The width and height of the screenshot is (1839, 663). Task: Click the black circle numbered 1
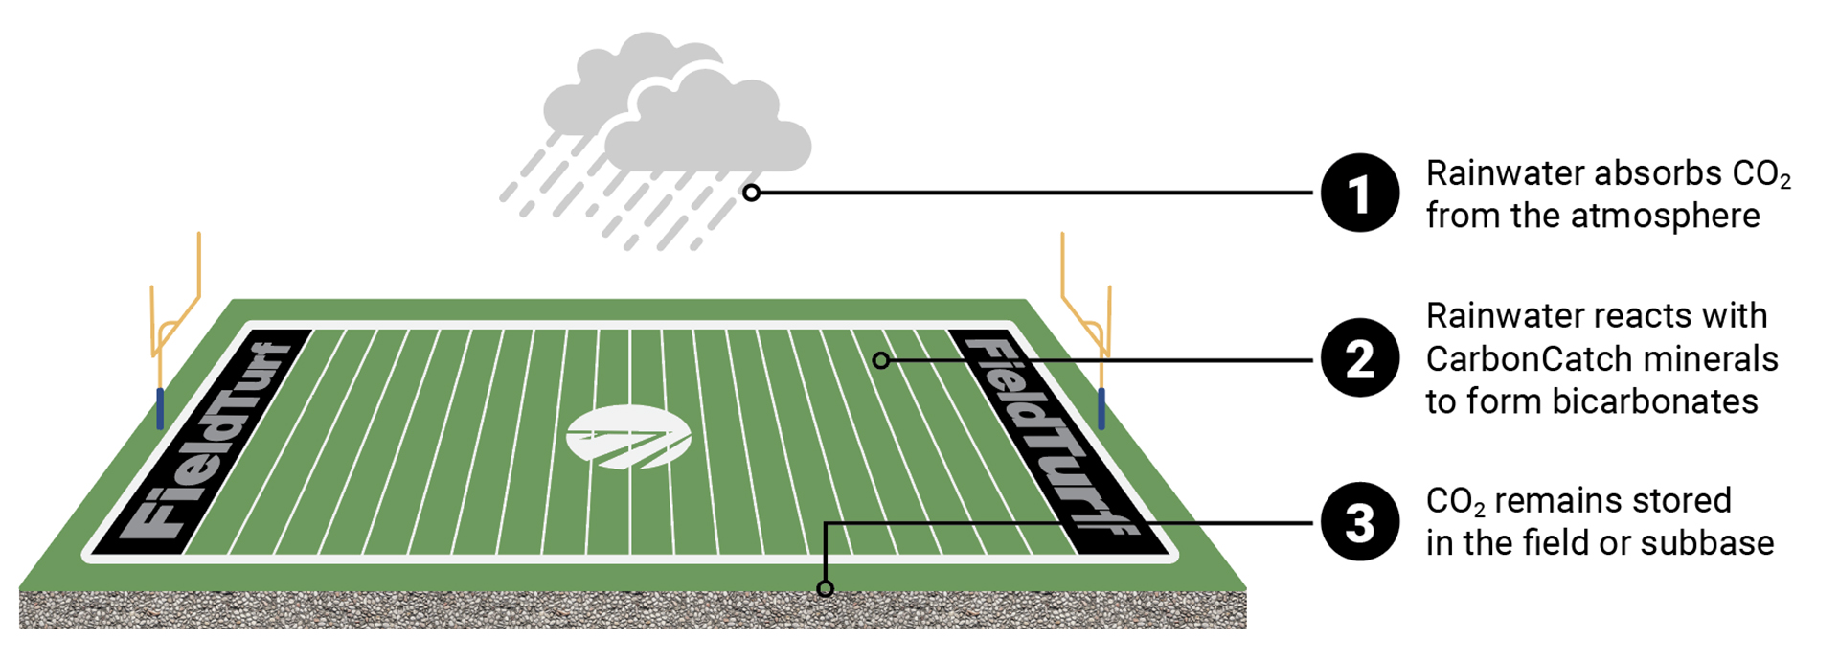point(1360,193)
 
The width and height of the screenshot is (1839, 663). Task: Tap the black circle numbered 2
point(1360,358)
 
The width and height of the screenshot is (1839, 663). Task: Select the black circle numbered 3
point(1360,522)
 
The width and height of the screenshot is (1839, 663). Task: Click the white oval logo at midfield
point(628,437)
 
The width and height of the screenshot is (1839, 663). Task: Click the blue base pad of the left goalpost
point(160,408)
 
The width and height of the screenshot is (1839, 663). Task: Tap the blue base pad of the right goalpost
point(1101,408)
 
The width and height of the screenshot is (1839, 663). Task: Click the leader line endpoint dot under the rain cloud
point(752,193)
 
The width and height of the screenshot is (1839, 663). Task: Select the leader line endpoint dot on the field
point(881,360)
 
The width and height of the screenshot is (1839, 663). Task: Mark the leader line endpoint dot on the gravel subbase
point(825,588)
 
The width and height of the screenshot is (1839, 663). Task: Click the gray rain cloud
point(680,115)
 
